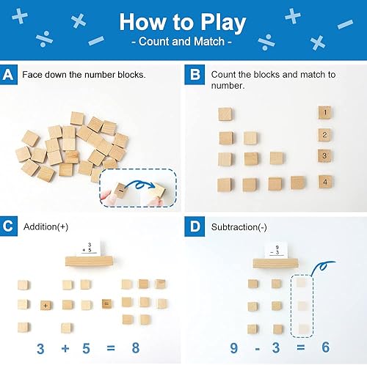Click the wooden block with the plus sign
click(x=45, y=304)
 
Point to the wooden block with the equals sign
click(x=106, y=303)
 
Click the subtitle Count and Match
click(x=183, y=43)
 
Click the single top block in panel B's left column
click(x=226, y=114)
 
